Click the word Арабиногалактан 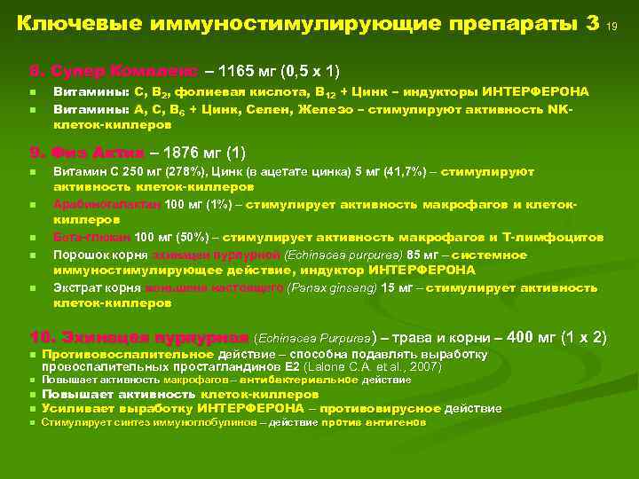click(x=107, y=205)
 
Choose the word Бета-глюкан click(x=92, y=237)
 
